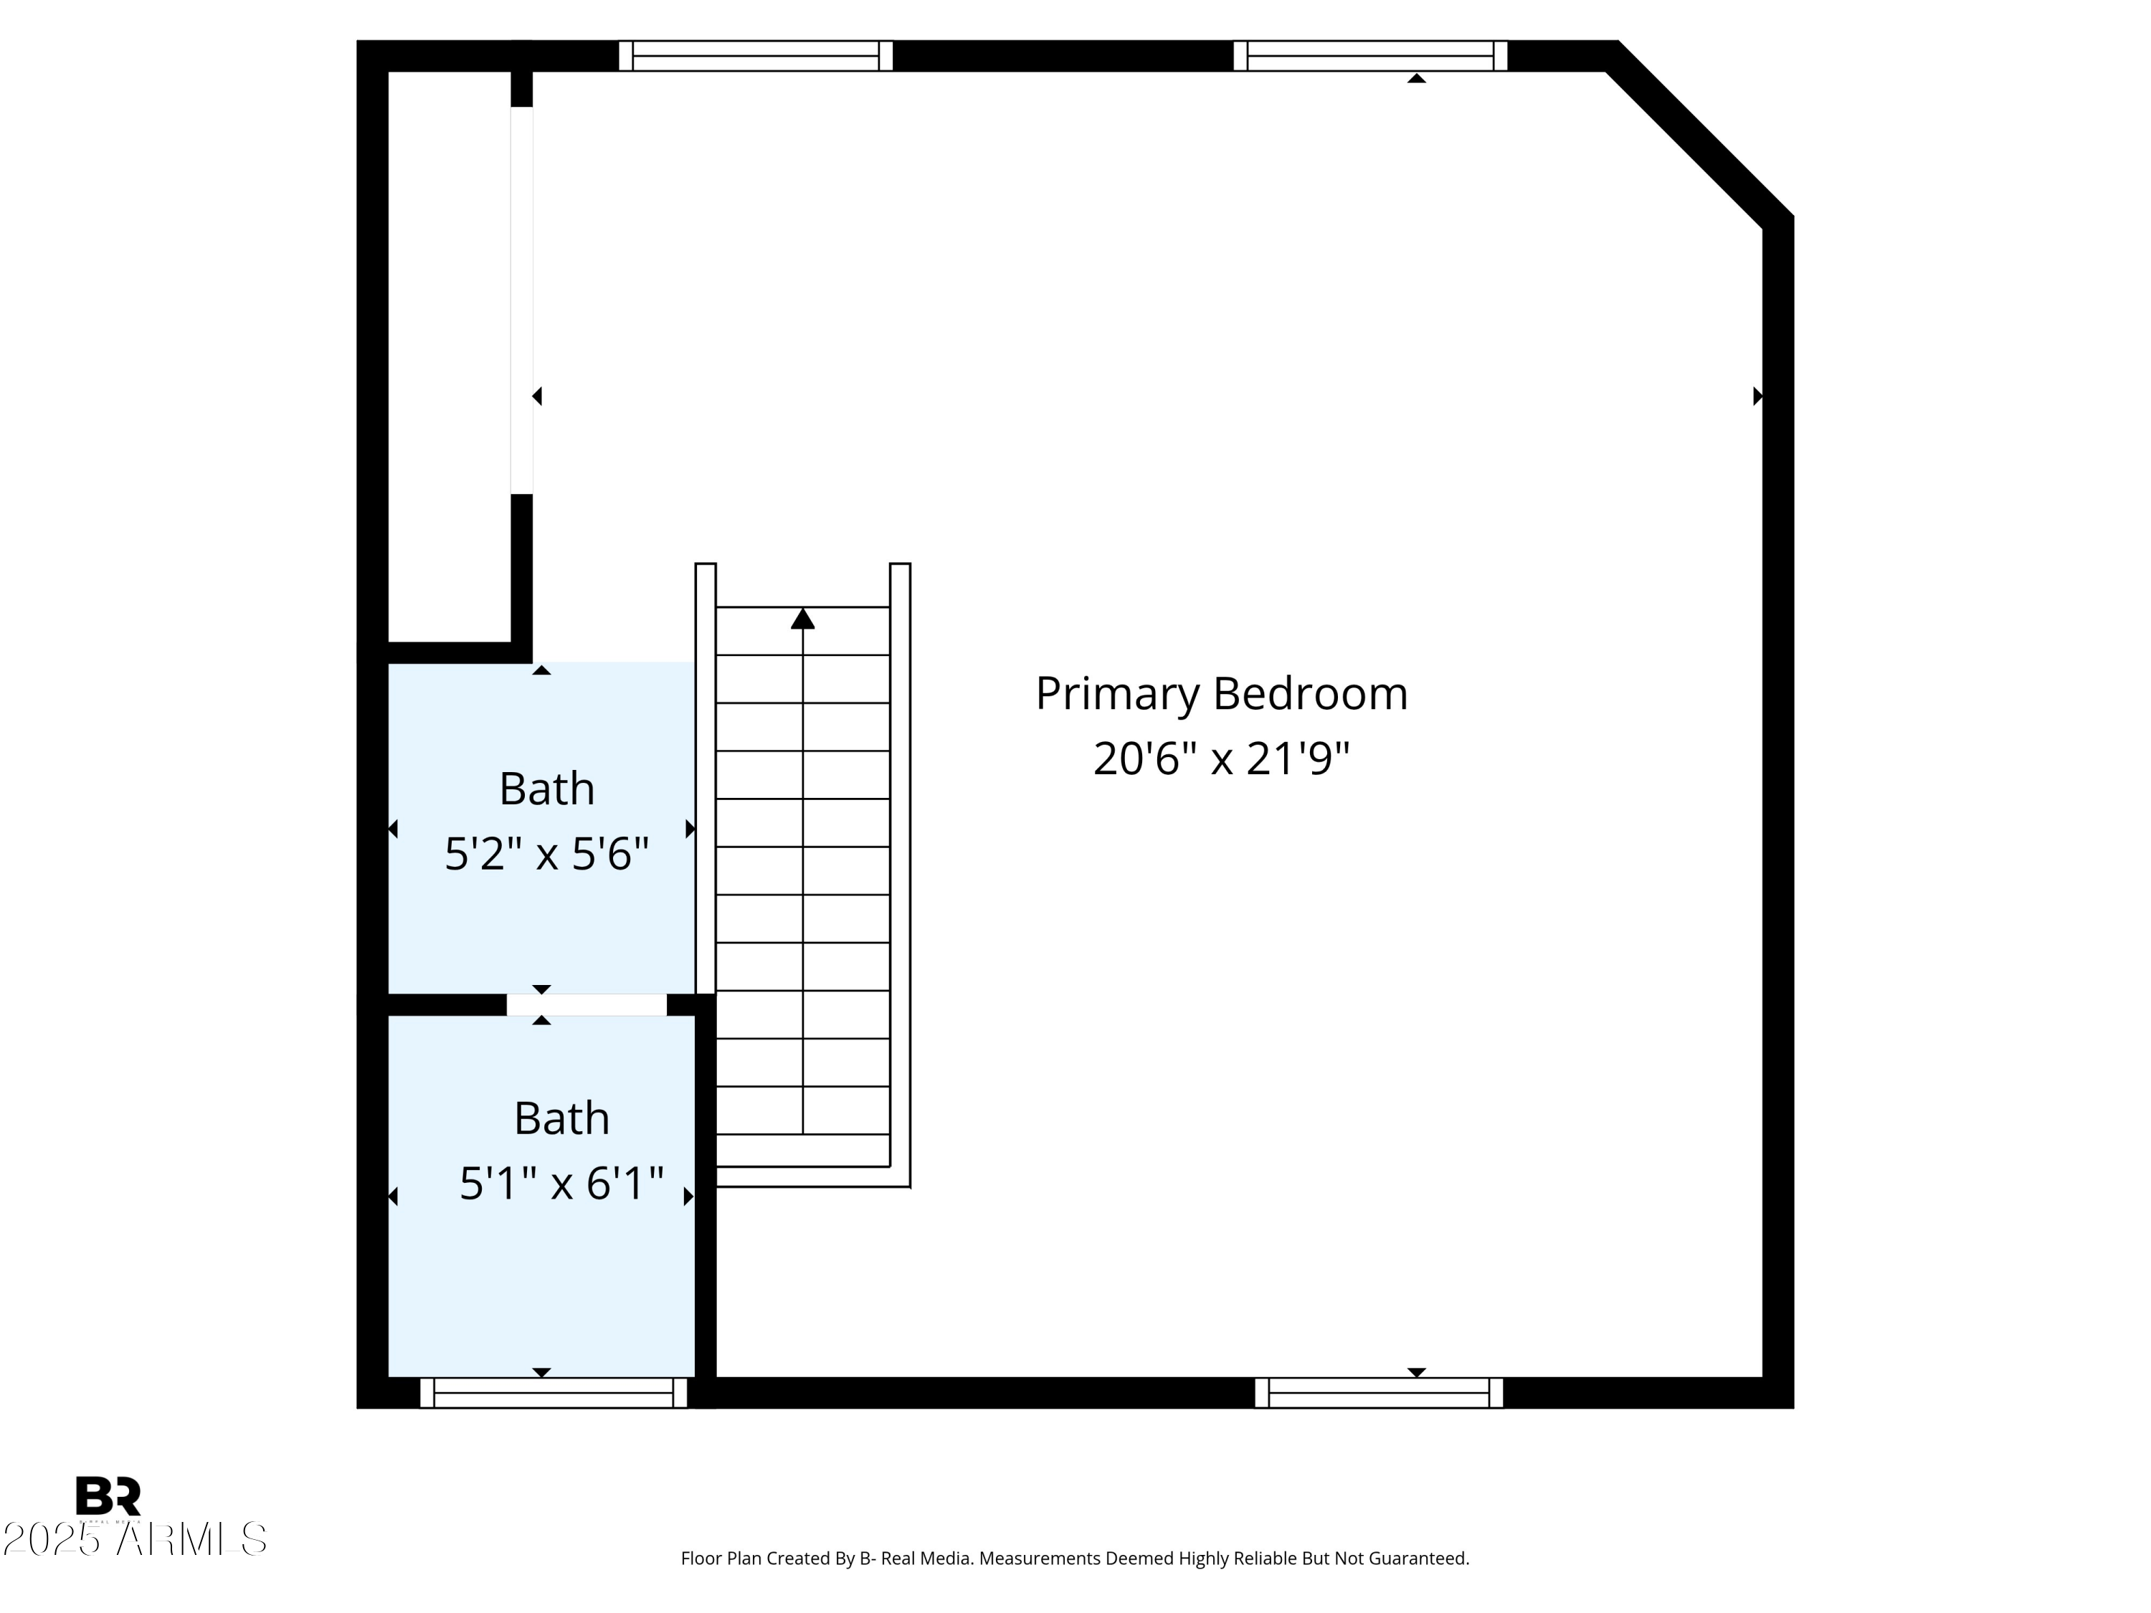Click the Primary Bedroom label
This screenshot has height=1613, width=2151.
click(x=1220, y=694)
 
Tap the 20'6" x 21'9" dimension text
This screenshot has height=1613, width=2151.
click(x=1220, y=759)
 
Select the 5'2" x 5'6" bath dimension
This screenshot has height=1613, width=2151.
click(x=546, y=855)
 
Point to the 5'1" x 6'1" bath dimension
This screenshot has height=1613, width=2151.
click(x=561, y=1184)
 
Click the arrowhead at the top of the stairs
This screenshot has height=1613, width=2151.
click(x=802, y=619)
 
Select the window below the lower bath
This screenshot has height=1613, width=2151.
click(x=554, y=1392)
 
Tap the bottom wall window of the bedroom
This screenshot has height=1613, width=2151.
click(x=1378, y=1392)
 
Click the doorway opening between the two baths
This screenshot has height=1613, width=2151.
click(x=587, y=1004)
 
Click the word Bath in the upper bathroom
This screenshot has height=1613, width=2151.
click(x=546, y=789)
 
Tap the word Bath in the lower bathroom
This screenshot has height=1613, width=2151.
click(x=561, y=1118)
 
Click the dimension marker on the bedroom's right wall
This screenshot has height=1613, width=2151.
click(x=1757, y=396)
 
